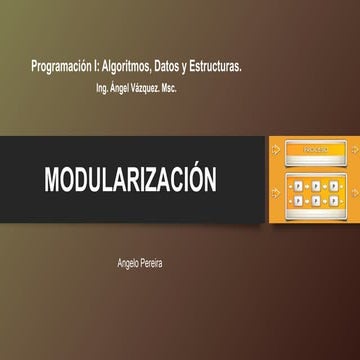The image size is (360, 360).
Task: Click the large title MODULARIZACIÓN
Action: (130, 181)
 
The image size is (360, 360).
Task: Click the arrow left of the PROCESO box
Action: (276, 151)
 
